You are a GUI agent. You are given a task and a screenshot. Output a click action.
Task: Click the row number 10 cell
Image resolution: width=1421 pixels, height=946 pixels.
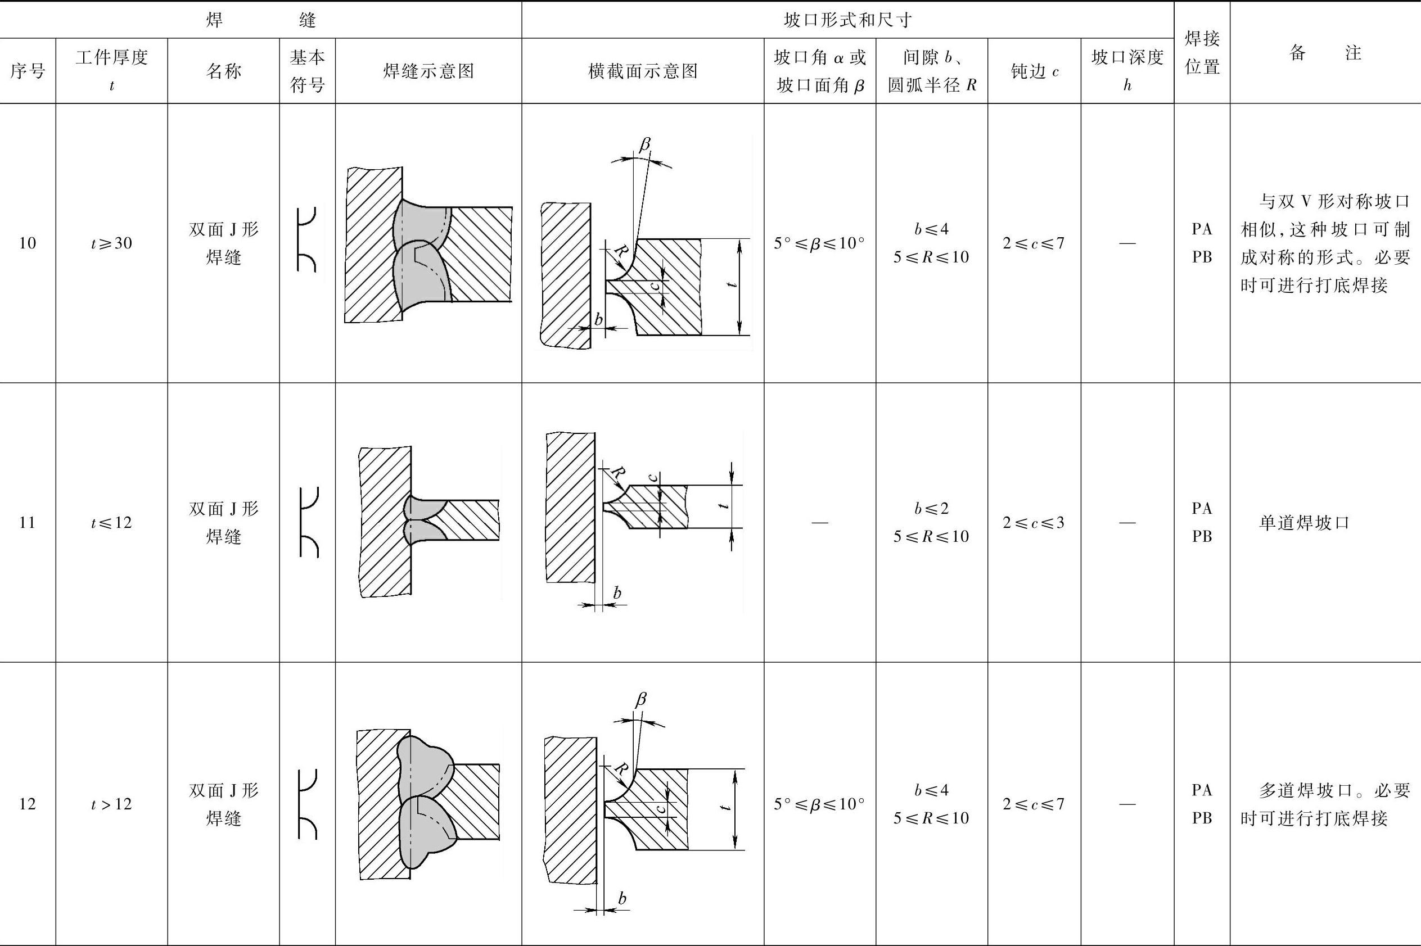point(28,243)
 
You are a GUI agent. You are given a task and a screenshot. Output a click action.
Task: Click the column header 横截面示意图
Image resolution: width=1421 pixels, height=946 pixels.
point(643,71)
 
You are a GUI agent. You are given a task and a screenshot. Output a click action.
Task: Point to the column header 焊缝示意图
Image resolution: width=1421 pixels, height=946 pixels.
point(428,71)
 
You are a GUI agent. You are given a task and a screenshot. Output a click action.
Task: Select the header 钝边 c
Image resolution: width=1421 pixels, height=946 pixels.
point(1034,71)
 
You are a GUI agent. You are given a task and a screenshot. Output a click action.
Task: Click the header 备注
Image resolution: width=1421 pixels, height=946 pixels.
point(1325,53)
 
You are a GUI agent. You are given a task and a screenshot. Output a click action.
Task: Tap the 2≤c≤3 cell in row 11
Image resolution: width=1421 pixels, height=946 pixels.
point(1034,523)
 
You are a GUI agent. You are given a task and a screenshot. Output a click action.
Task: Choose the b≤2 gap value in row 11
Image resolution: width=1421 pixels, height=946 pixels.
point(931,509)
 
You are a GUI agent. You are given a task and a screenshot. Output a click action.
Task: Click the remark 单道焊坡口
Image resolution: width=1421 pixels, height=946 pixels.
point(1303,523)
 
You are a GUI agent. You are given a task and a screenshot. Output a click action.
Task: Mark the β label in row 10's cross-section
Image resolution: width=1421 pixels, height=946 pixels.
point(645,145)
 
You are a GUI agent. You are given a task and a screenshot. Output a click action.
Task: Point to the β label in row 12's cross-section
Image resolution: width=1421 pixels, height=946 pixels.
point(641,700)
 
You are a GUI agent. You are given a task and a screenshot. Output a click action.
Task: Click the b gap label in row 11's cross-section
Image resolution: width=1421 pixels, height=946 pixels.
point(617,594)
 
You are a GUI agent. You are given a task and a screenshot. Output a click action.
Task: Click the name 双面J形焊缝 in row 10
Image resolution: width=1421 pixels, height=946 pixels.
point(223,243)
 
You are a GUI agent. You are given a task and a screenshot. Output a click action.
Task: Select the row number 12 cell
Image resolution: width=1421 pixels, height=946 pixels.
point(28,804)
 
